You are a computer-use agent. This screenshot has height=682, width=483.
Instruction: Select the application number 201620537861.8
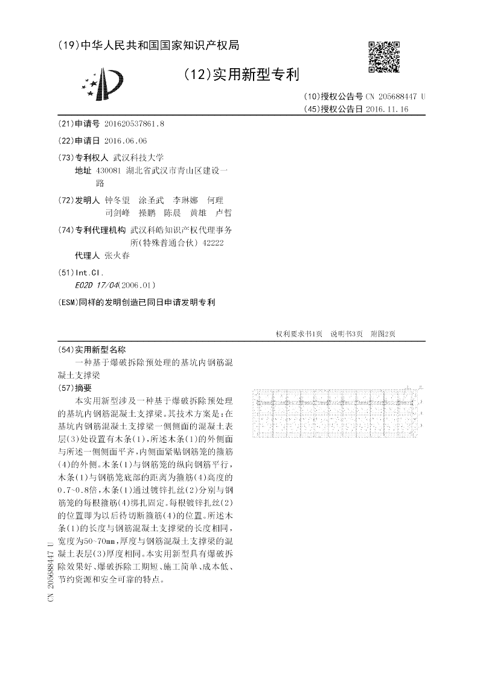point(134,124)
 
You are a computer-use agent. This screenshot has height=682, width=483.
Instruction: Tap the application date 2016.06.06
point(126,141)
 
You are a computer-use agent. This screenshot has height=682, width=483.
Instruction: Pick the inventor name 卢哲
point(223,212)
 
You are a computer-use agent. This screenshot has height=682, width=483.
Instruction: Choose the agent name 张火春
point(117,255)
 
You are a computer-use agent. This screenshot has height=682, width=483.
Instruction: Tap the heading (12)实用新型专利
point(241,75)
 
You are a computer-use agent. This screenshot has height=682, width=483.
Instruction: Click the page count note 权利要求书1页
point(299,333)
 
